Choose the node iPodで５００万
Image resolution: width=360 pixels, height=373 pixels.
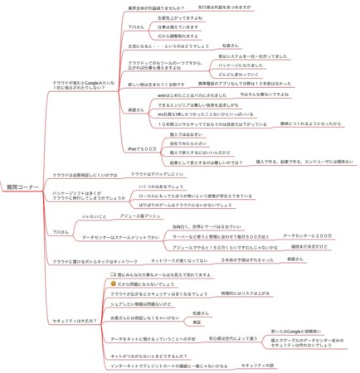(144, 148)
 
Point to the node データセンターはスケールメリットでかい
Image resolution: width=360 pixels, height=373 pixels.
(115, 238)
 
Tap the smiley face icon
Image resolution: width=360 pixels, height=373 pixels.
(113, 283)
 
